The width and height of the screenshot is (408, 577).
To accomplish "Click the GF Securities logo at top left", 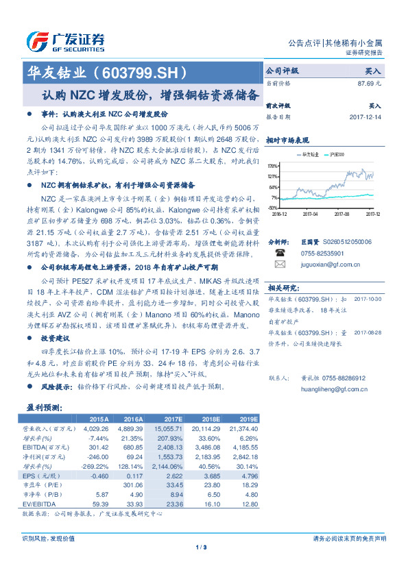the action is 65,42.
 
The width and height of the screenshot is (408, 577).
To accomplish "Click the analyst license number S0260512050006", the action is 336,242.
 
